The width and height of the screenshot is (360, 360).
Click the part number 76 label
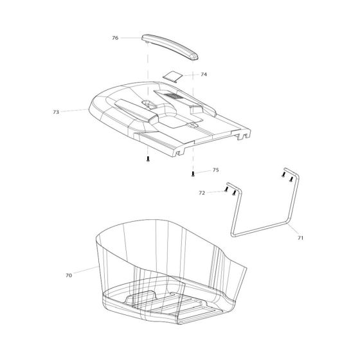click(115, 38)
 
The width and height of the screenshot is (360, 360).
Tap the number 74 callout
click(204, 75)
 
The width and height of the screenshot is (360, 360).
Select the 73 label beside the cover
click(56, 112)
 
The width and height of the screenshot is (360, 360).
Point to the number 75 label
click(215, 170)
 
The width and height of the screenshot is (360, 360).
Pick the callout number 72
click(202, 192)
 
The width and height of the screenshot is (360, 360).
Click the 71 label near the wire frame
click(300, 238)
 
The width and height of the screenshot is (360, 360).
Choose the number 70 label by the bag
click(69, 275)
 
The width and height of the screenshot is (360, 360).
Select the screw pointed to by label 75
click(193, 173)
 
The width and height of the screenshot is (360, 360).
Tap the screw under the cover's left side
click(148, 158)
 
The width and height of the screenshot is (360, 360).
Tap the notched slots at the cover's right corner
click(244, 137)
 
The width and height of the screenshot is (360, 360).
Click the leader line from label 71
click(293, 232)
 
